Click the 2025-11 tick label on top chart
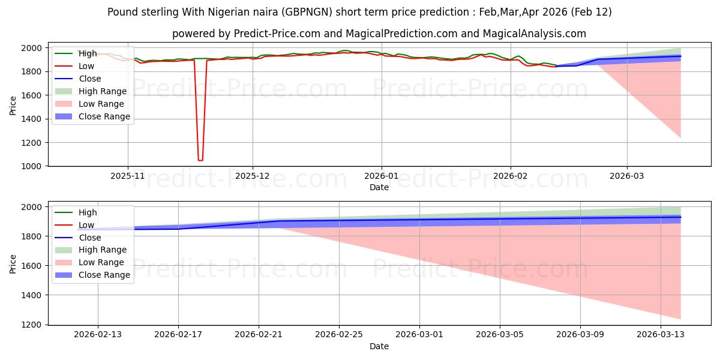click(127, 176)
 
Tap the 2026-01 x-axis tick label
click(382, 176)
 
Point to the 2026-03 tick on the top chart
click(627, 176)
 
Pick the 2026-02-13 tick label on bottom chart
click(98, 335)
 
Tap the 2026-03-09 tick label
click(580, 335)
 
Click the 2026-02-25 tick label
click(339, 335)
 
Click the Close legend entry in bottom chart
click(90, 238)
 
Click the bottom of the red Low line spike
click(200, 160)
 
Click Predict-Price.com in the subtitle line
click(269, 34)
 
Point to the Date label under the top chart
click(379, 187)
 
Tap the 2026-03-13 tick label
click(661, 335)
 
